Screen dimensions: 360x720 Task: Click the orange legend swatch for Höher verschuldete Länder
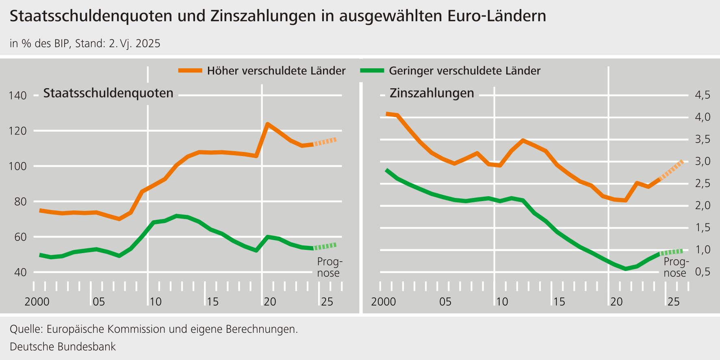click(190, 71)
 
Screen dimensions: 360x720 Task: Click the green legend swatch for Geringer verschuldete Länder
click(372, 71)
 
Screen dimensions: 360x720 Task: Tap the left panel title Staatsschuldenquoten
click(108, 93)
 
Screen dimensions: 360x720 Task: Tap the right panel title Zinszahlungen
click(432, 93)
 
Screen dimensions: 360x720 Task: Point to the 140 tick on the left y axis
click(17, 96)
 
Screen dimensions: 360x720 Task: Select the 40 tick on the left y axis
click(20, 272)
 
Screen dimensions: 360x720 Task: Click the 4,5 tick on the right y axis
click(703, 95)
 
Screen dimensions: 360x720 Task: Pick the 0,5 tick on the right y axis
click(703, 271)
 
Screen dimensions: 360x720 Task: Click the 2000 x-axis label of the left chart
click(37, 302)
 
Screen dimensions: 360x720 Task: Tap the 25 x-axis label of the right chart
click(673, 302)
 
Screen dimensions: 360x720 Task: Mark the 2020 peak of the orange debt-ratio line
click(267, 124)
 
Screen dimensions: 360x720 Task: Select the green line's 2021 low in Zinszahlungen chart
click(626, 269)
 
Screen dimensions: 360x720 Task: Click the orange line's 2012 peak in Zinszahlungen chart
click(523, 141)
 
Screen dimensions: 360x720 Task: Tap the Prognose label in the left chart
click(329, 267)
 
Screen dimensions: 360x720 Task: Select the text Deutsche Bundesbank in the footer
click(63, 347)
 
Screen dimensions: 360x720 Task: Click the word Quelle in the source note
click(25, 329)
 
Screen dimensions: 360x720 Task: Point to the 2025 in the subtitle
click(148, 43)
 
